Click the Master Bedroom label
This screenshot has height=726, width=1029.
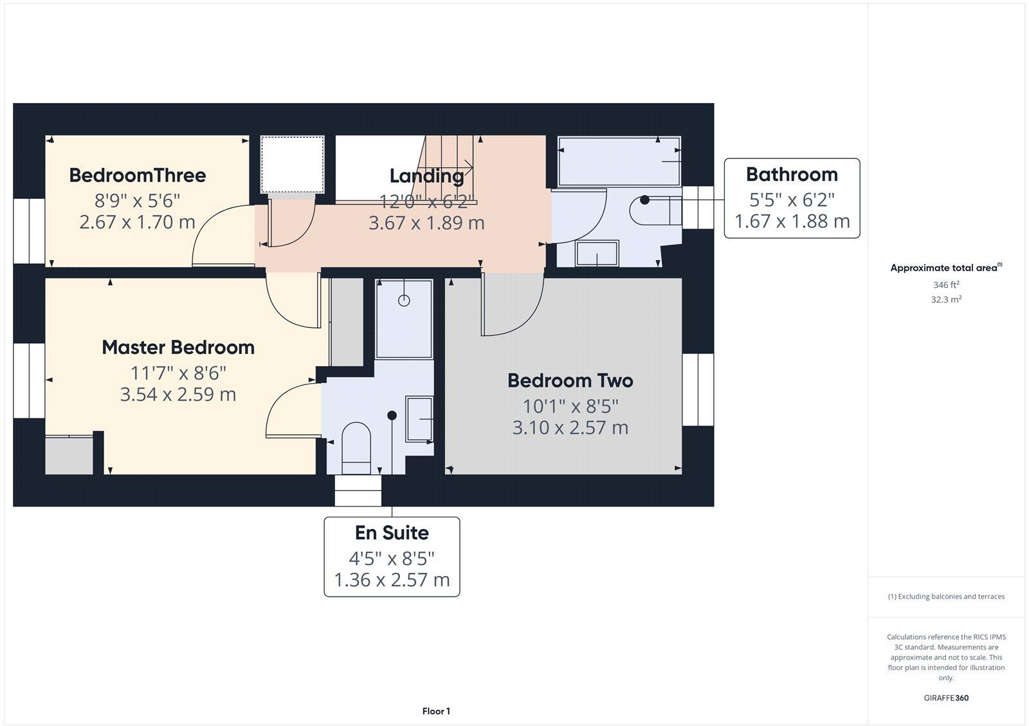point(178,348)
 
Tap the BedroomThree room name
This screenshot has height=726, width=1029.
point(138,175)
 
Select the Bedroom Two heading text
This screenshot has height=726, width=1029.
point(570,380)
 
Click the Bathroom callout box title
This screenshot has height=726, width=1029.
point(792,174)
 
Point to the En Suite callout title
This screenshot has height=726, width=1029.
point(392,533)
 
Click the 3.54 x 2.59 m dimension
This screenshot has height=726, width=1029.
point(178,395)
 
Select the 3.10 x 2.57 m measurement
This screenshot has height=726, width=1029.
point(570,427)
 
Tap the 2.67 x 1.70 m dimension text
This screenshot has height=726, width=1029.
point(138,223)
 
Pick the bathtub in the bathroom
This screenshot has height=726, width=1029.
point(619,161)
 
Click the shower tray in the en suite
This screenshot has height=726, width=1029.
point(404,319)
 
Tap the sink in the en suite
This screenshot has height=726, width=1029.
point(419,419)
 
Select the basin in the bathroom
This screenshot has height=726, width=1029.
point(597,254)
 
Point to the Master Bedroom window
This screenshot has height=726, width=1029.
point(29,381)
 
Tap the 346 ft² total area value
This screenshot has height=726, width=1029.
point(945,284)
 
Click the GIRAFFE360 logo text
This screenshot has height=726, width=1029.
point(945,698)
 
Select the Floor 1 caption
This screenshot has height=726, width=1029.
point(436,711)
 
